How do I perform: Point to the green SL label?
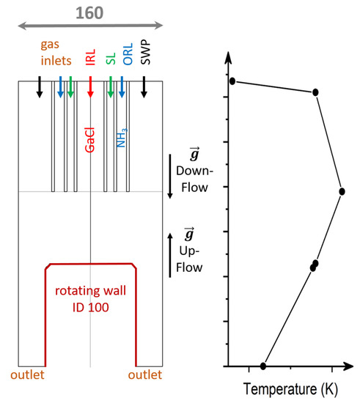(111, 59)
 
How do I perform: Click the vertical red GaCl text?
(90, 137)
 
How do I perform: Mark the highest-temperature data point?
(342, 191)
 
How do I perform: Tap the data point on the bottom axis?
(263, 366)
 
